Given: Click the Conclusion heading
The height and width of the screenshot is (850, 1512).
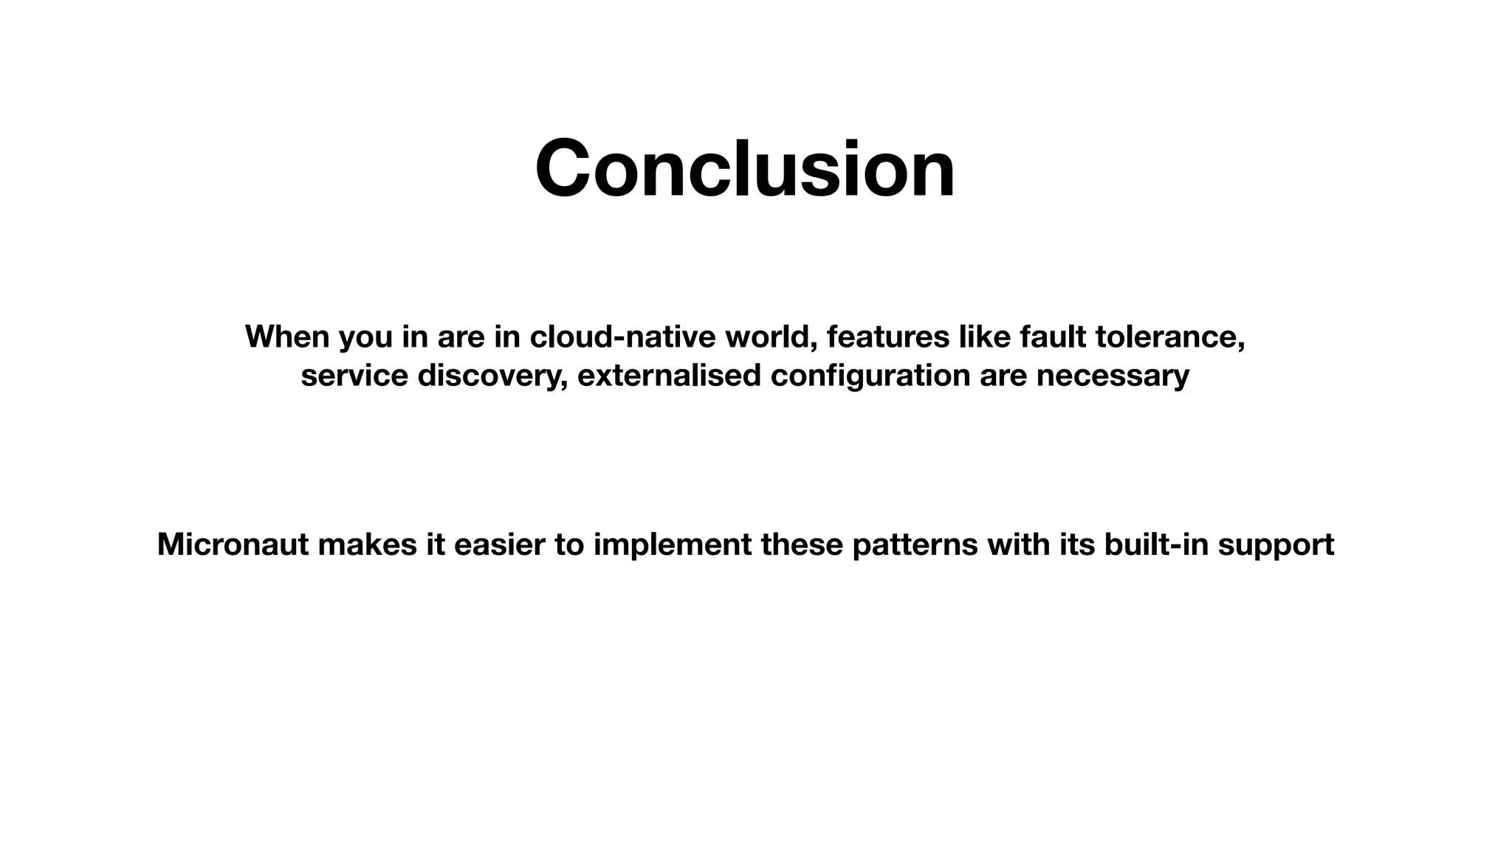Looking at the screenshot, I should click(745, 169).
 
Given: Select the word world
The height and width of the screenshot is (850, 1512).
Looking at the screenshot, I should click(770, 336).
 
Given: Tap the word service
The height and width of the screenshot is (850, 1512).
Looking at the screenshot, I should click(354, 376).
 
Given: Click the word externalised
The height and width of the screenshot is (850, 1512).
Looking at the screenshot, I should click(669, 376).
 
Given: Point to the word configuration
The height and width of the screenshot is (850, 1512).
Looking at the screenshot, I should click(870, 376).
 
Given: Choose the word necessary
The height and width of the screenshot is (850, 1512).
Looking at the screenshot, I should click(1113, 376).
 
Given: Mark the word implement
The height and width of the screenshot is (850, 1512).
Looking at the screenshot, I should click(672, 545).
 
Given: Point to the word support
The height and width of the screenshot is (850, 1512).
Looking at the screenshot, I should click(1275, 545).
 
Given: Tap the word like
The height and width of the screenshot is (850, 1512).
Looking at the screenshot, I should click(984, 336).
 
